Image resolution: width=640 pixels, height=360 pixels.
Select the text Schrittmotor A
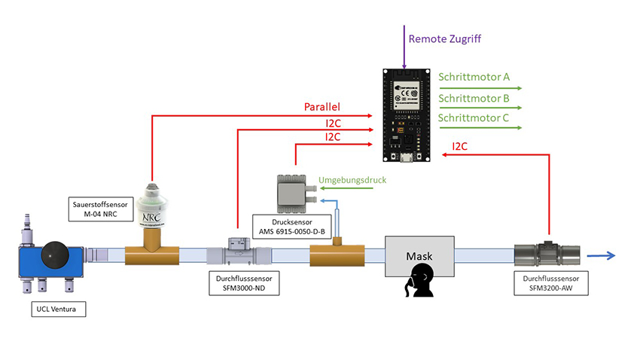(474, 78)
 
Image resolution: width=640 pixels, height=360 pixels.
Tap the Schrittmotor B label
(474, 98)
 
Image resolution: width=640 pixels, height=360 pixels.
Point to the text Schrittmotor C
(474, 118)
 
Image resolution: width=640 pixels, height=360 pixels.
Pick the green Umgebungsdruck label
(353, 181)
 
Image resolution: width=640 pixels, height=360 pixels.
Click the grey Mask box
(419, 256)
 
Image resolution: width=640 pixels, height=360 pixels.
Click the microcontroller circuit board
(406, 116)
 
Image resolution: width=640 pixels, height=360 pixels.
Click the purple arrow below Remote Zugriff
(404, 46)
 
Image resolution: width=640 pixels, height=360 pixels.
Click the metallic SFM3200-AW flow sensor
(548, 255)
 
